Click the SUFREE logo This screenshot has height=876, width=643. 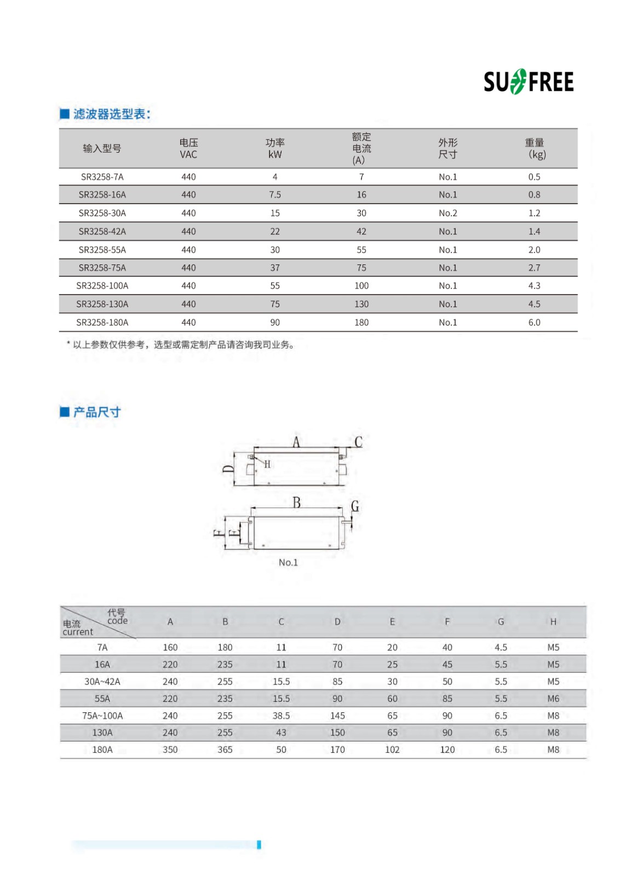click(529, 82)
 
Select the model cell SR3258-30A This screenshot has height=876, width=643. click(102, 213)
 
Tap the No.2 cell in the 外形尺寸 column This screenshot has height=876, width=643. click(447, 213)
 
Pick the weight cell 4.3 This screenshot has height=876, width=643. click(534, 286)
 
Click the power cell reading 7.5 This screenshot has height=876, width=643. click(275, 195)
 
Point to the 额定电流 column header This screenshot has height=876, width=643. click(361, 148)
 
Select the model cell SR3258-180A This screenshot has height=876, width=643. click(102, 322)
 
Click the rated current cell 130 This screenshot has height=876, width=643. click(361, 304)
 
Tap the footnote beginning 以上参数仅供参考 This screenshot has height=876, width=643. click(183, 345)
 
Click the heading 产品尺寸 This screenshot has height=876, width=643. click(96, 412)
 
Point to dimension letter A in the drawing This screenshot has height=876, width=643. click(296, 441)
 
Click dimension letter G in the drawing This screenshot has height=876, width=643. click(355, 506)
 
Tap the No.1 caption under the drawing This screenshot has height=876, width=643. click(288, 562)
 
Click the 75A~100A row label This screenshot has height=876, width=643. click(102, 716)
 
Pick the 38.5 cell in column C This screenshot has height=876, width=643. click(281, 716)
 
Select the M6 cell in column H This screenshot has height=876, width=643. click(553, 699)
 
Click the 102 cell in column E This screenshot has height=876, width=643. click(392, 750)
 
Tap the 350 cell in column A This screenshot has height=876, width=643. click(170, 750)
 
